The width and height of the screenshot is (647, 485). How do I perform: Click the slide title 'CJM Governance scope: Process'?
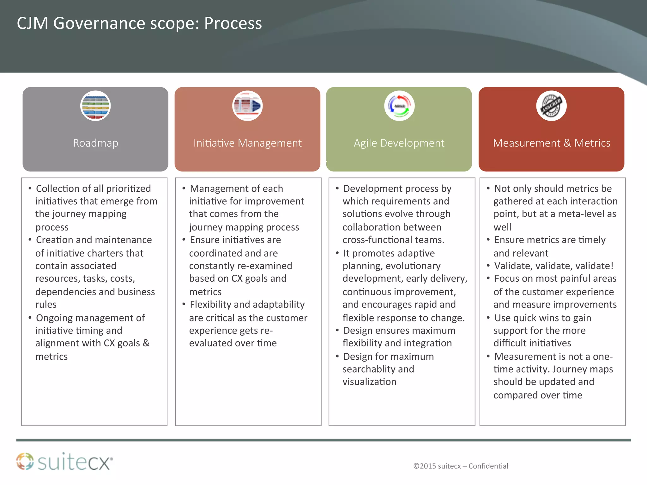[x=139, y=23]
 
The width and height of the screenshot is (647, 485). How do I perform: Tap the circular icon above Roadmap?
[x=95, y=106]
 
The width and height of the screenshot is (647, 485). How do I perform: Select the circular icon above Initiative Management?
[x=247, y=106]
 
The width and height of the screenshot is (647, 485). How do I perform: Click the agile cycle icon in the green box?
[x=399, y=106]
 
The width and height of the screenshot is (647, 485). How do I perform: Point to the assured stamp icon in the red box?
[x=551, y=106]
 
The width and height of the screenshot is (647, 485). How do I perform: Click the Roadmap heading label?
[x=96, y=143]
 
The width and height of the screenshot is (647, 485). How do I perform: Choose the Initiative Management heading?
[x=247, y=143]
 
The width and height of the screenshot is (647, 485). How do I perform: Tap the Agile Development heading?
[x=399, y=143]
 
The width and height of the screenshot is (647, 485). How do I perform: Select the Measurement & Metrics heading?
[x=552, y=143]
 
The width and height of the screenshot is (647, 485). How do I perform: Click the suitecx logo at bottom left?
[x=65, y=462]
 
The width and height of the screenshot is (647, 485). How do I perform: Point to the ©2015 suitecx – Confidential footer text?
[x=461, y=466]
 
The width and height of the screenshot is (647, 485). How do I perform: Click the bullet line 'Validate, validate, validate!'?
[x=553, y=266]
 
